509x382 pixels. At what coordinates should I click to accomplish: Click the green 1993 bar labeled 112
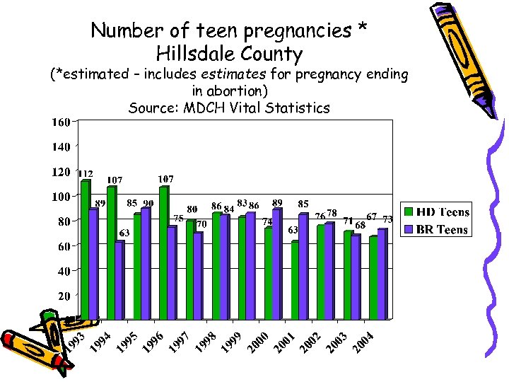coord(86,248)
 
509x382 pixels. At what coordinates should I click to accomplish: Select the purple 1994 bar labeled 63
coord(119,279)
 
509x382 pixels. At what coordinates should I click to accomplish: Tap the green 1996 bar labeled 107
coord(164,251)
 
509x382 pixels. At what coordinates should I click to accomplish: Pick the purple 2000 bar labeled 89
coord(276,262)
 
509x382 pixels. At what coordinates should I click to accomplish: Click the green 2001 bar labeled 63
coord(295,279)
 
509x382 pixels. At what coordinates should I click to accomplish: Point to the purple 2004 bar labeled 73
coord(382,272)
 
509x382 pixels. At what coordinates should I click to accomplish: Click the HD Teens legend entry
coord(435,212)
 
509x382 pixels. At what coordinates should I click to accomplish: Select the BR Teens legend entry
coord(435,229)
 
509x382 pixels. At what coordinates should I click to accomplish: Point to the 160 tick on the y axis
coord(60,122)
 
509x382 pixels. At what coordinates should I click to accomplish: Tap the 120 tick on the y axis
coord(60,172)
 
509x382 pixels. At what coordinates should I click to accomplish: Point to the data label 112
coord(86,174)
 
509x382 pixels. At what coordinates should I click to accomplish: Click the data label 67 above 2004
coord(371,216)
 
